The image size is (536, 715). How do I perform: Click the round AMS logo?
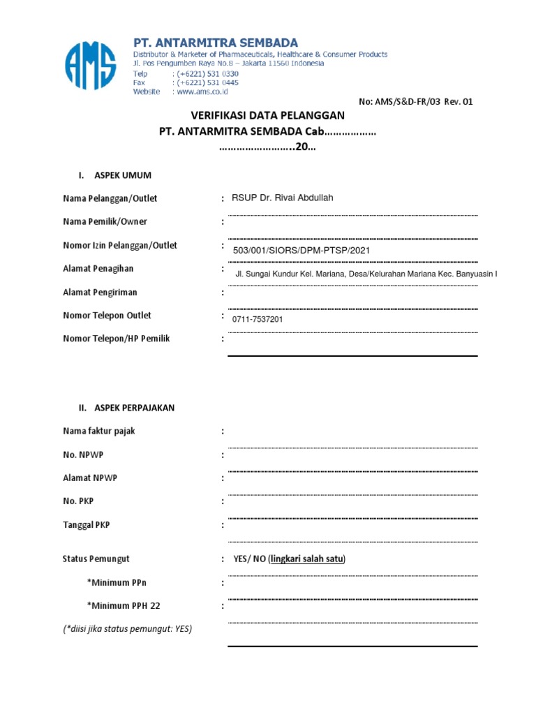coord(90,66)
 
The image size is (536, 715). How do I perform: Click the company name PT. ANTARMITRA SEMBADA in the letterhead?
coord(216,43)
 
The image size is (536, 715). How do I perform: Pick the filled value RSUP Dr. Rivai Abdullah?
coord(283,198)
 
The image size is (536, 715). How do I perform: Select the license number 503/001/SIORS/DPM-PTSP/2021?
coord(301,250)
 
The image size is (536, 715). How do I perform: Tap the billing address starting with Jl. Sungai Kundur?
coord(366,274)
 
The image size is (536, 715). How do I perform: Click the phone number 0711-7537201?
coord(258,319)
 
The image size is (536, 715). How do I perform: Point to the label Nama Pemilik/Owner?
coord(105,222)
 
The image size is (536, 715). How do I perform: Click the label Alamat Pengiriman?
coord(100,293)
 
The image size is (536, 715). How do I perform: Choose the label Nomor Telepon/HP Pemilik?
coord(117,339)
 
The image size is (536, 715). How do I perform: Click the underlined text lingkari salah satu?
coord(307,559)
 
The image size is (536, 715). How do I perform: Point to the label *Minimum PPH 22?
coord(124,605)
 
